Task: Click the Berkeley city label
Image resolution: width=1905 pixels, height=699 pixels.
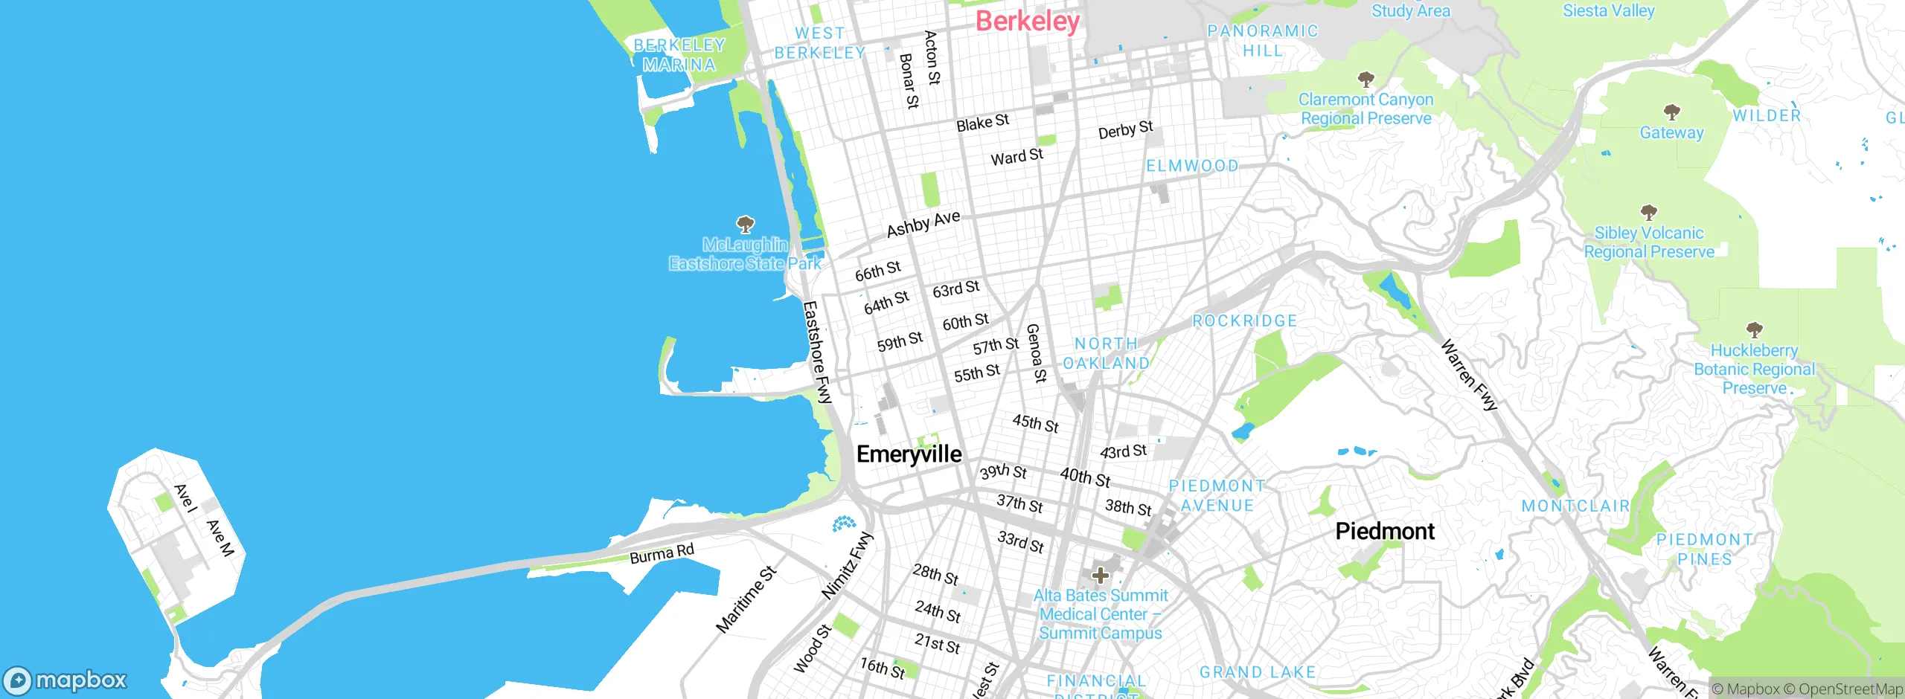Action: click(x=1027, y=21)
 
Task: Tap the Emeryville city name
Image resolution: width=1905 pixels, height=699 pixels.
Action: click(x=909, y=454)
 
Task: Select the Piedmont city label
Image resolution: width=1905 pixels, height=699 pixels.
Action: click(x=1385, y=531)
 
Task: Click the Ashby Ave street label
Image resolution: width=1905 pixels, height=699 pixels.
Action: click(x=923, y=223)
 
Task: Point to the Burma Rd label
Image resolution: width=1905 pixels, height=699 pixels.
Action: click(x=662, y=553)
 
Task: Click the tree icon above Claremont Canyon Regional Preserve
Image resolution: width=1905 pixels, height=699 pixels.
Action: click(x=1365, y=79)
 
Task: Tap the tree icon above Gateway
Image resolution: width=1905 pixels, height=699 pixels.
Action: click(x=1672, y=112)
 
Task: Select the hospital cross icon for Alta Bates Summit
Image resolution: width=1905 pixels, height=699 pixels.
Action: click(x=1101, y=575)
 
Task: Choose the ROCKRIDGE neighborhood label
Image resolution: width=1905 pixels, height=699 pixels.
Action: click(x=1245, y=320)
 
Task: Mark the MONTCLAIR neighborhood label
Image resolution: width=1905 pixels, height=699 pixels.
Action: click(x=1575, y=506)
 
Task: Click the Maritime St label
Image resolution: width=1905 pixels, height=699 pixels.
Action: click(x=746, y=599)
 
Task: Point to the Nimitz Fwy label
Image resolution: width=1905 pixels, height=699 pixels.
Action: click(x=847, y=565)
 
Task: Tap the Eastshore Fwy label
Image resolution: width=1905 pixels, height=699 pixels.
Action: click(x=817, y=352)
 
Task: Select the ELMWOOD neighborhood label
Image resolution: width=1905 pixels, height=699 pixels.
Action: click(x=1192, y=166)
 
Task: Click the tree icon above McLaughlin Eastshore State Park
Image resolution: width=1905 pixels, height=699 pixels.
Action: click(x=745, y=224)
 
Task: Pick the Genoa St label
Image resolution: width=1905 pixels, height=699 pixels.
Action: click(x=1036, y=353)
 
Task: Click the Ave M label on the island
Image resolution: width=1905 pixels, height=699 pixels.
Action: click(x=220, y=538)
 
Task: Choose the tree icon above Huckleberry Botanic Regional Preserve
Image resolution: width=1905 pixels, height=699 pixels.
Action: click(x=1754, y=329)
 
